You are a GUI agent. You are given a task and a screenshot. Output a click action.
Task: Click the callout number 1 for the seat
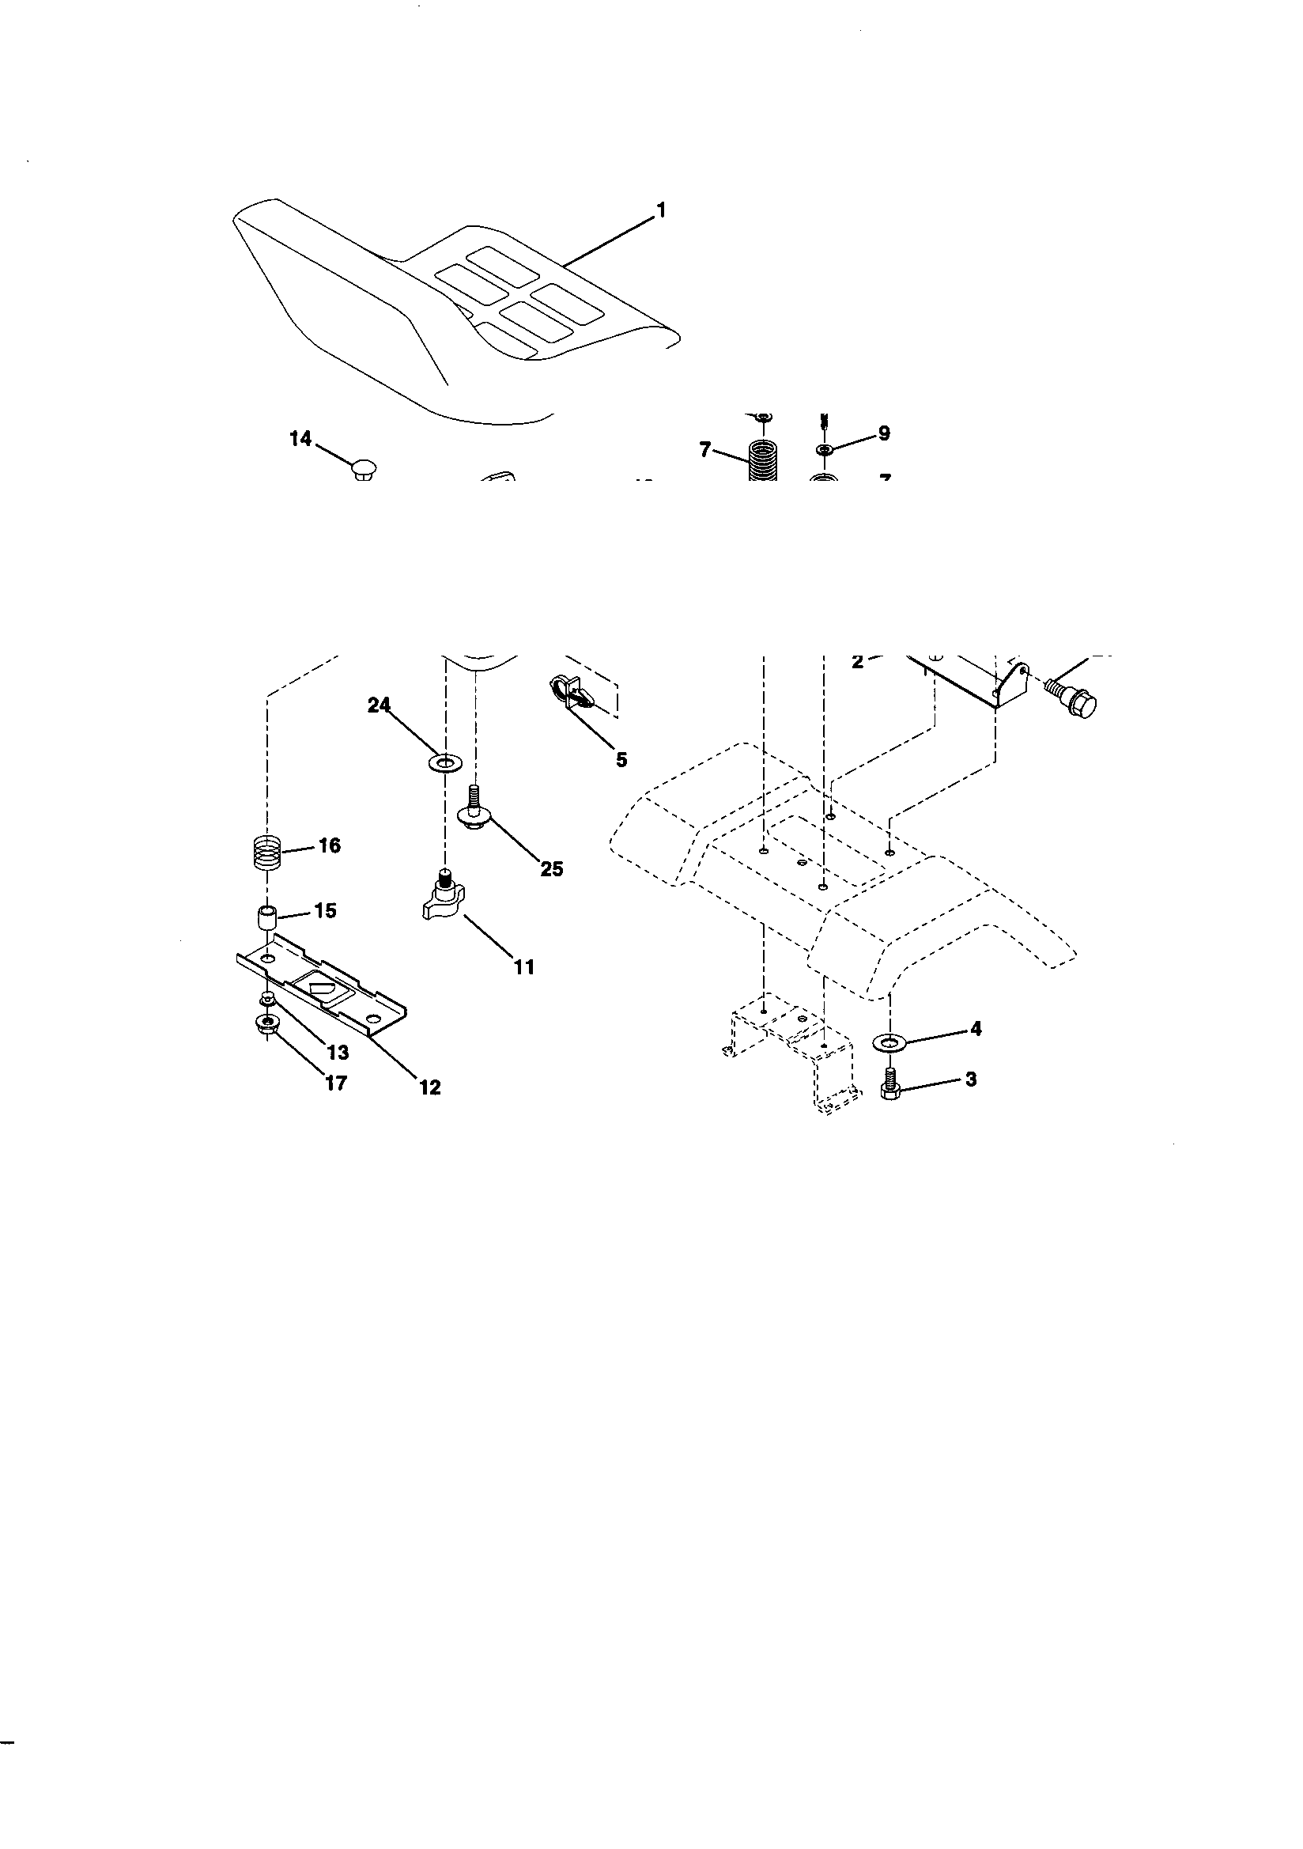(661, 210)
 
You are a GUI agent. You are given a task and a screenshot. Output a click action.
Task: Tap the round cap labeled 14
(364, 468)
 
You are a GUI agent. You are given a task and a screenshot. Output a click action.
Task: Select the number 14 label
(300, 439)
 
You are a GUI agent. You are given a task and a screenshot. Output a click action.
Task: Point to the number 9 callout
(883, 433)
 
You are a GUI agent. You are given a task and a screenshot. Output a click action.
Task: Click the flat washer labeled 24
(442, 760)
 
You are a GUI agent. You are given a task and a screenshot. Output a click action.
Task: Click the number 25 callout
(551, 869)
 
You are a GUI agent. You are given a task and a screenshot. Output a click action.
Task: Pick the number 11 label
(524, 966)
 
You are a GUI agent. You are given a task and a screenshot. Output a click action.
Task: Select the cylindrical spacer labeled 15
(266, 918)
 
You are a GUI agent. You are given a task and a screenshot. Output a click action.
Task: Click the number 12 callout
(430, 1087)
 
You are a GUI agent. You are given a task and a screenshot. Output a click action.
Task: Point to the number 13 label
(338, 1052)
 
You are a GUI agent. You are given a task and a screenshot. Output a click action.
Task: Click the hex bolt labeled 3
(889, 1084)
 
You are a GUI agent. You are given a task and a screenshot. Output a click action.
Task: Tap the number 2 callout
(857, 661)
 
